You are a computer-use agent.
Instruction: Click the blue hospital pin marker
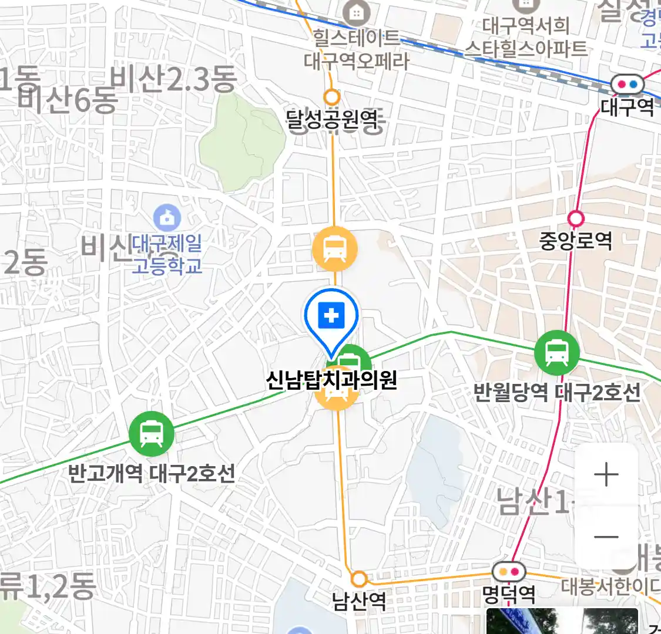[331, 318]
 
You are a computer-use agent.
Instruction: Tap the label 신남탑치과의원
[331, 380]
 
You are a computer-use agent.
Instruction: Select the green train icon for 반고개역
[152, 434]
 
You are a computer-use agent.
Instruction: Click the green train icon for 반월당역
[556, 352]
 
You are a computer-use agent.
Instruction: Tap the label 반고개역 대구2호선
[152, 473]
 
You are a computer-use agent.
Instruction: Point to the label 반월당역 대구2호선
[556, 392]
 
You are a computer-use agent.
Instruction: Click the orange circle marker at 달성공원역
[333, 96]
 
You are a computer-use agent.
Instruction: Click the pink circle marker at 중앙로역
[576, 219]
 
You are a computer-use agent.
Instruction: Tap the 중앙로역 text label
[575, 241]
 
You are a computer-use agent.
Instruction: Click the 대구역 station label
[628, 107]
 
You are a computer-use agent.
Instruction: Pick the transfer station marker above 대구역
[627, 85]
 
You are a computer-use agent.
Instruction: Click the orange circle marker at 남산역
[359, 579]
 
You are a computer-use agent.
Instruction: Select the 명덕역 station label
[509, 594]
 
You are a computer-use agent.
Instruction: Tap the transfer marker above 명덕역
[509, 571]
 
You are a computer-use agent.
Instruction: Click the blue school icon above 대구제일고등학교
[167, 218]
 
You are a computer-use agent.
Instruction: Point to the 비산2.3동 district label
[174, 79]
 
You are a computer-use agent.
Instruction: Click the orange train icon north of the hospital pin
[334, 248]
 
